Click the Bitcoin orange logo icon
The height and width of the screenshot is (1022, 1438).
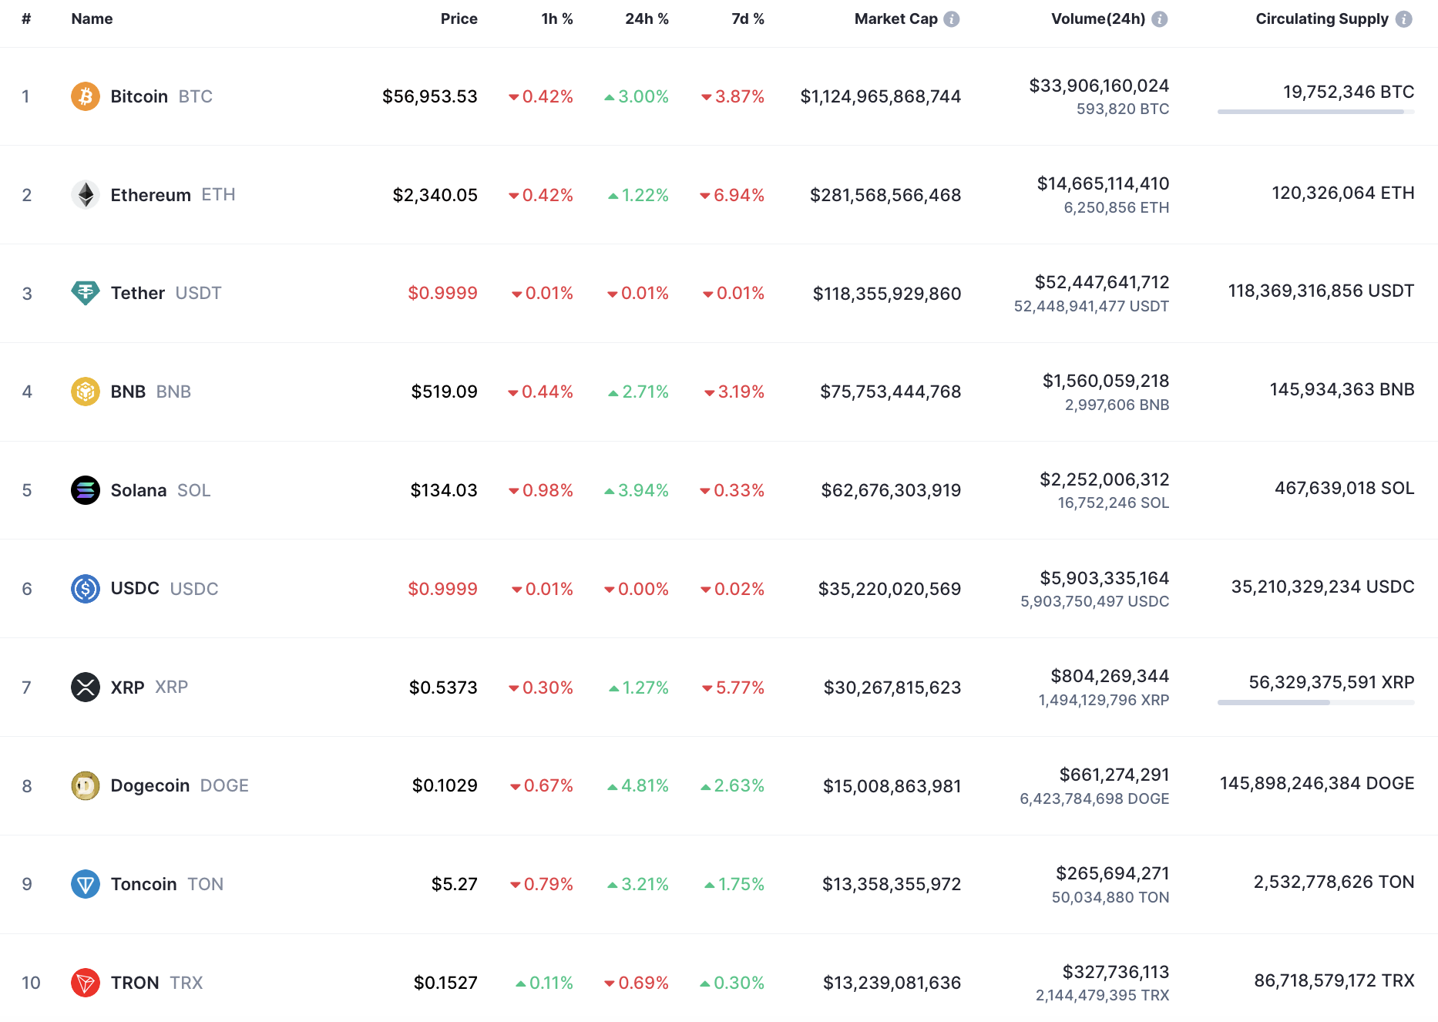pos(86,96)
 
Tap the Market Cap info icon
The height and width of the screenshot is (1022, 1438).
pos(952,19)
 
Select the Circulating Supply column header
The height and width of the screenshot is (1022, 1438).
pos(1322,19)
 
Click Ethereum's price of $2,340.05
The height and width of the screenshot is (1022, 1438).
pos(435,195)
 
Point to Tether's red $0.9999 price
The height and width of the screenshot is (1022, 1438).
pos(442,293)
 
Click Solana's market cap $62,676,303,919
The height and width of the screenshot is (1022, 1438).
pos(891,490)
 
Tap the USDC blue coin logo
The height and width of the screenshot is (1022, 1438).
pos(86,589)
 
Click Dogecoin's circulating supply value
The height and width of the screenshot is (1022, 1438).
pos(1316,784)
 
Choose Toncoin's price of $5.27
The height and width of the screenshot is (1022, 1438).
pos(454,884)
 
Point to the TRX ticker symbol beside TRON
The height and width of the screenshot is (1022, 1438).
pos(186,983)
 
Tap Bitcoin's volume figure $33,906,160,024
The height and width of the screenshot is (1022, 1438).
pos(1099,86)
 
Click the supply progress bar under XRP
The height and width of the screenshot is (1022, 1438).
pos(1315,702)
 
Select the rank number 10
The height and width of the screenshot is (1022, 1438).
pos(31,983)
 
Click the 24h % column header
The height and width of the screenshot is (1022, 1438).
pos(647,19)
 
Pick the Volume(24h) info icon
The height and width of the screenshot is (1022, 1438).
pos(1160,19)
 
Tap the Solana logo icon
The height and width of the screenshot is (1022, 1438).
pos(86,490)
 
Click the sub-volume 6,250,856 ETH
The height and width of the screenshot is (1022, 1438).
pos(1116,207)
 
